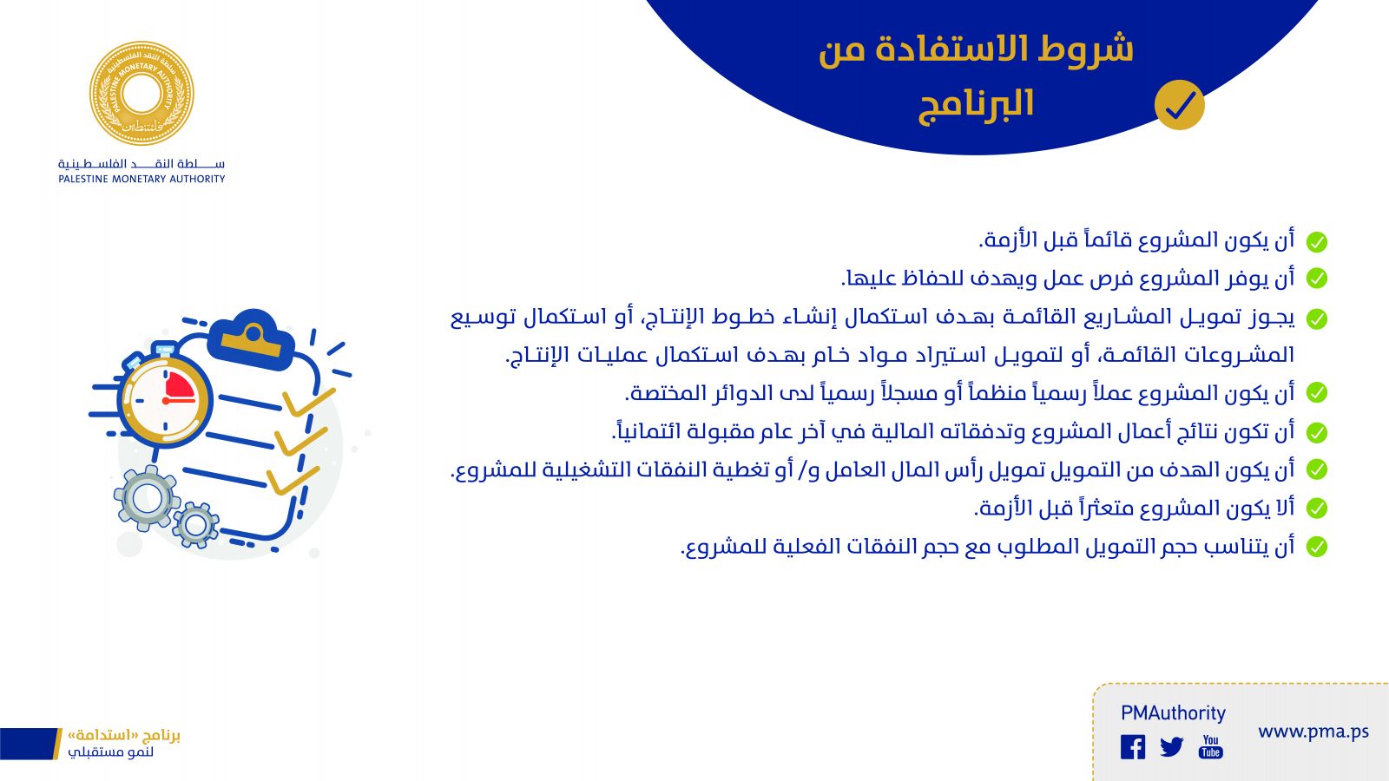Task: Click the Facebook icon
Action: pos(1133,747)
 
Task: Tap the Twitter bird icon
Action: pos(1171,747)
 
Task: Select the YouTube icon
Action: pos(1210,747)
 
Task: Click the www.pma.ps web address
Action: pos(1313,732)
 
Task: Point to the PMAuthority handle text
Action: pos(1173,713)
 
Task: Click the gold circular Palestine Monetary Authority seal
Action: pos(142,94)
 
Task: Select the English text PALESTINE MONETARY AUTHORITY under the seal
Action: pos(142,179)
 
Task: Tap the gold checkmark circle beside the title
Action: pos(1180,105)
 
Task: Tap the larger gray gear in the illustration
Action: pos(147,498)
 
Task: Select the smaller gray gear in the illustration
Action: pos(195,525)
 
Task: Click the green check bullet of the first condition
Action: pos(1316,242)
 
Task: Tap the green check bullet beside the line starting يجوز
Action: pos(1316,319)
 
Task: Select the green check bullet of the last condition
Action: pos(1316,547)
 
